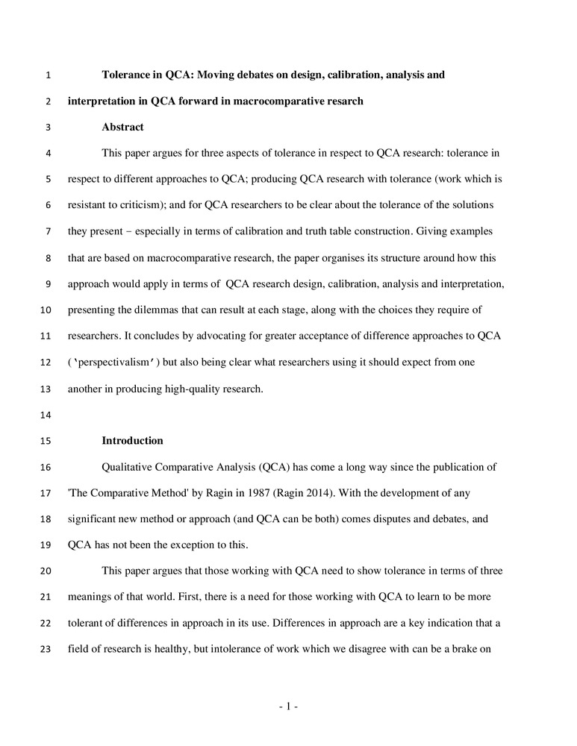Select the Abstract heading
click(122, 127)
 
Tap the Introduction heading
click(132, 440)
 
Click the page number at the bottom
click(288, 706)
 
